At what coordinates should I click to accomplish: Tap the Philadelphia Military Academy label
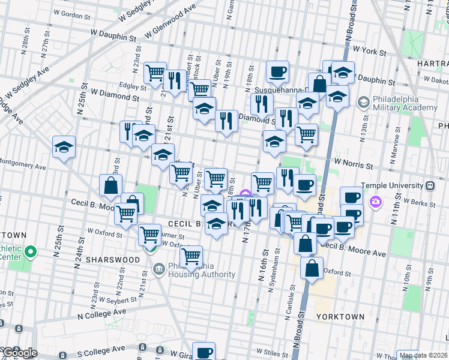tap(407, 103)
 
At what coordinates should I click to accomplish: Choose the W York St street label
tap(370, 51)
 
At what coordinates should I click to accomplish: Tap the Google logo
tap(19, 353)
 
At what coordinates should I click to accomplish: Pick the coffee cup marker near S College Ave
tap(203, 351)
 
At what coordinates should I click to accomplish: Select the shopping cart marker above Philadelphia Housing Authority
tap(191, 256)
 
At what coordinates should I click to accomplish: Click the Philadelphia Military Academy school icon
tap(363, 103)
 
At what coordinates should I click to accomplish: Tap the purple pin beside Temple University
tap(376, 201)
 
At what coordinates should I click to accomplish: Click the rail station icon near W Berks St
tap(430, 186)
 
